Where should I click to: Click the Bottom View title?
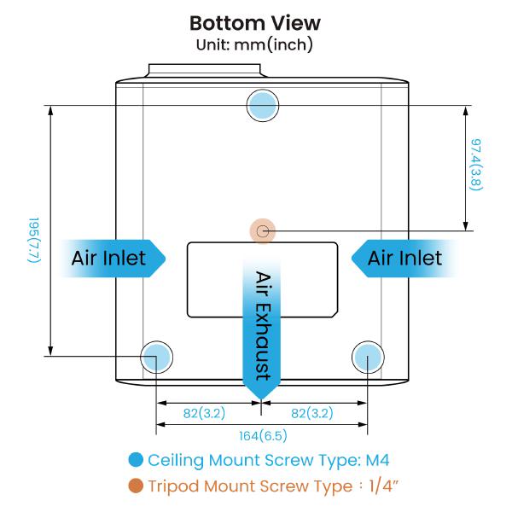click(x=255, y=22)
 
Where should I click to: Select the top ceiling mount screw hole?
click(x=263, y=105)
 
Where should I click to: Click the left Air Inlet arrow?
click(x=111, y=257)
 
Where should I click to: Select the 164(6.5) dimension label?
click(x=262, y=435)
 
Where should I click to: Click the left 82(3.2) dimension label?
click(x=204, y=414)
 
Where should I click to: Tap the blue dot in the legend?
click(x=135, y=460)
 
